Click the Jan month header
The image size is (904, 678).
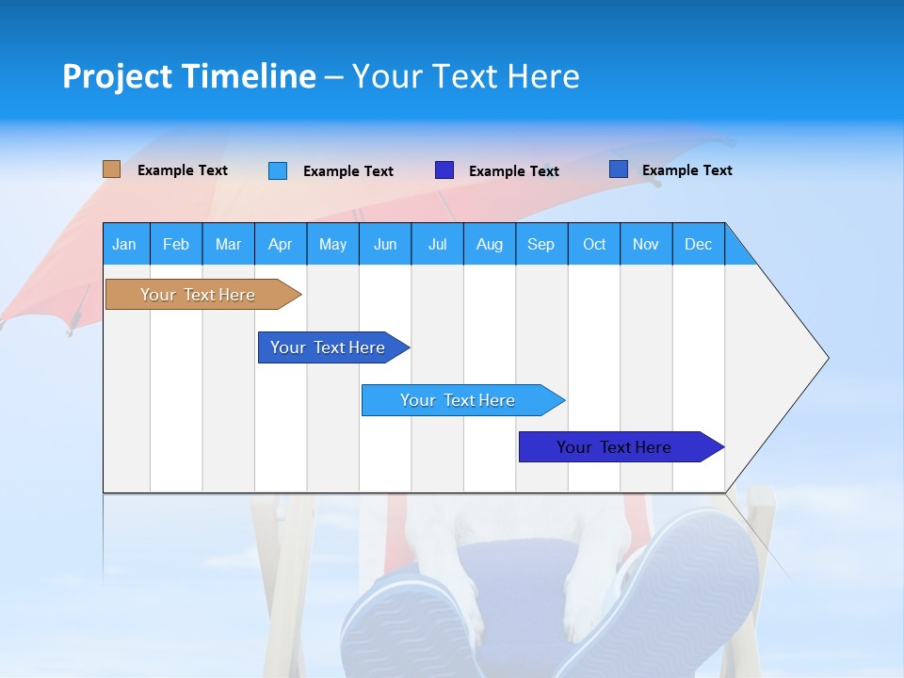(x=124, y=244)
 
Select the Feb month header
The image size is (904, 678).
(x=176, y=244)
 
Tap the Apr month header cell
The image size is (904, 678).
(x=280, y=244)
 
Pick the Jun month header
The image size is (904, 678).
(x=385, y=244)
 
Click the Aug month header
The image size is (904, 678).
(x=489, y=244)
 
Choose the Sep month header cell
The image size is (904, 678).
(x=541, y=244)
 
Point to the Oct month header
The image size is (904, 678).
(x=594, y=244)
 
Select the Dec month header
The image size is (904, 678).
(x=698, y=244)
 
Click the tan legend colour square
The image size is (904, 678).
(x=111, y=169)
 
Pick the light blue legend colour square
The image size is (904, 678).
(x=278, y=170)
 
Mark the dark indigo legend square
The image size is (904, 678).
(x=444, y=170)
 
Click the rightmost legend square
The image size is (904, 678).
(x=619, y=169)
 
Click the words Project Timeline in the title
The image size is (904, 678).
(x=188, y=76)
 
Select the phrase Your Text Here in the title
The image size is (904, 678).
(x=466, y=76)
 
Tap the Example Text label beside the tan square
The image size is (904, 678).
(x=183, y=170)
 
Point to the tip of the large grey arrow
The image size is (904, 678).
(x=827, y=358)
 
